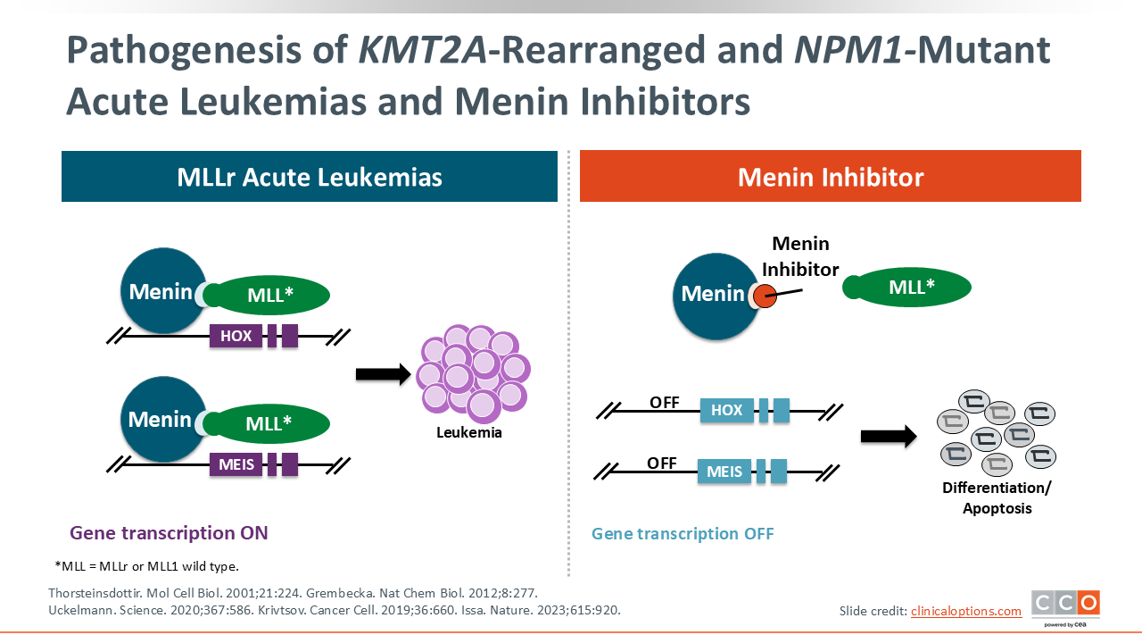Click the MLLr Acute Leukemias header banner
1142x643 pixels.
coord(309,177)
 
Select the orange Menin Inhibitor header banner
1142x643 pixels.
coord(830,177)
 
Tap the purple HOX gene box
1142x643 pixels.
coord(236,337)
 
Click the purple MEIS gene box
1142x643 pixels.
coord(236,464)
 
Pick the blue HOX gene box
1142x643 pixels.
coord(727,411)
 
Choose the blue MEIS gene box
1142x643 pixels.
coord(724,472)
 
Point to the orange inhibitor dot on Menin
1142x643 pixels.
coord(765,296)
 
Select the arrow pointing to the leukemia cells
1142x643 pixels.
coord(382,373)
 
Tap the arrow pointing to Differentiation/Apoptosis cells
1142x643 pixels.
coord(888,437)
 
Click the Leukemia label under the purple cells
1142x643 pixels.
coord(469,433)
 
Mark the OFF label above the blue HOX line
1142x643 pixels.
coord(665,403)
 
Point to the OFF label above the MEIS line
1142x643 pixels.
coord(662,463)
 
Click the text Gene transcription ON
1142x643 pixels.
coord(169,533)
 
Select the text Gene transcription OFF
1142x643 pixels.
coord(683,534)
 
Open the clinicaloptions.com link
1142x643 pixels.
coord(965,611)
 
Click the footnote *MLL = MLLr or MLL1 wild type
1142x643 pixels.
coord(146,566)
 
